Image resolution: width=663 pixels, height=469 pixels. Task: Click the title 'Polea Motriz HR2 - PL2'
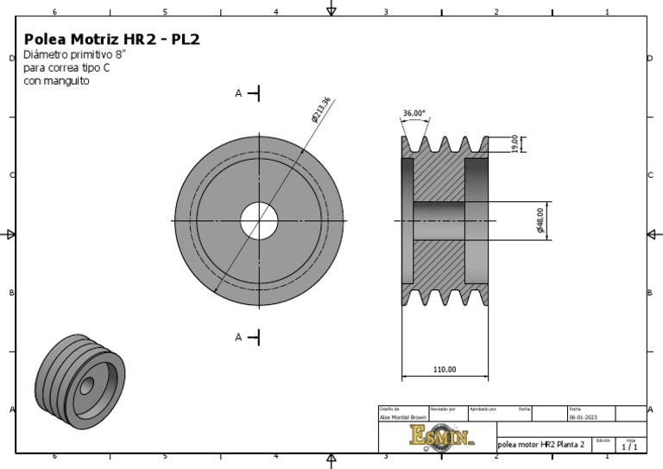(112, 40)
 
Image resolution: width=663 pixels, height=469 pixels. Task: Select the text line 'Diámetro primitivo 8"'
(74, 54)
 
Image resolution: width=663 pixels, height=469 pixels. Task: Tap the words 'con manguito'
(56, 81)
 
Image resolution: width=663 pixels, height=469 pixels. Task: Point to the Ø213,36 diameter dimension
(321, 110)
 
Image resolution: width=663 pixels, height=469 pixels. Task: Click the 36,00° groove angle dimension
(414, 113)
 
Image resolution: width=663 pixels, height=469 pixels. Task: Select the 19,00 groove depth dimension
(515, 143)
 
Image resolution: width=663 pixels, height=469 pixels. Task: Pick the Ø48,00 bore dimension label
(540, 221)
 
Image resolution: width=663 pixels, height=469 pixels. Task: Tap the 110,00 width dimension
(444, 370)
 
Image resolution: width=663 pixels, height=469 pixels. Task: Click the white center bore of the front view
(259, 220)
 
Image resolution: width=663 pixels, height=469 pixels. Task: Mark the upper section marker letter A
(239, 93)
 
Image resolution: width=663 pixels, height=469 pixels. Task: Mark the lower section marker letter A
(239, 338)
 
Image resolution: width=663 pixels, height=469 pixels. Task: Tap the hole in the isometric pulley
(87, 383)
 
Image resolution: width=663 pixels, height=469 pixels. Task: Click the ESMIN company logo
(442, 435)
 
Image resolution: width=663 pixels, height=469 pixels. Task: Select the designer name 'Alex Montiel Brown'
(402, 416)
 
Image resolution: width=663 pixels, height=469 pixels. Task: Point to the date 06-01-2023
(583, 416)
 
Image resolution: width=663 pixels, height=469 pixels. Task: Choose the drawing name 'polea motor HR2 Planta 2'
(541, 444)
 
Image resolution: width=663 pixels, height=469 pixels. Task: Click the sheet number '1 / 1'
(629, 447)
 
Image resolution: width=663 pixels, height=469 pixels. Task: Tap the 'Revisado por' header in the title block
(442, 409)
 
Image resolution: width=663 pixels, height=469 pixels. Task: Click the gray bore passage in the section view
(444, 221)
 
